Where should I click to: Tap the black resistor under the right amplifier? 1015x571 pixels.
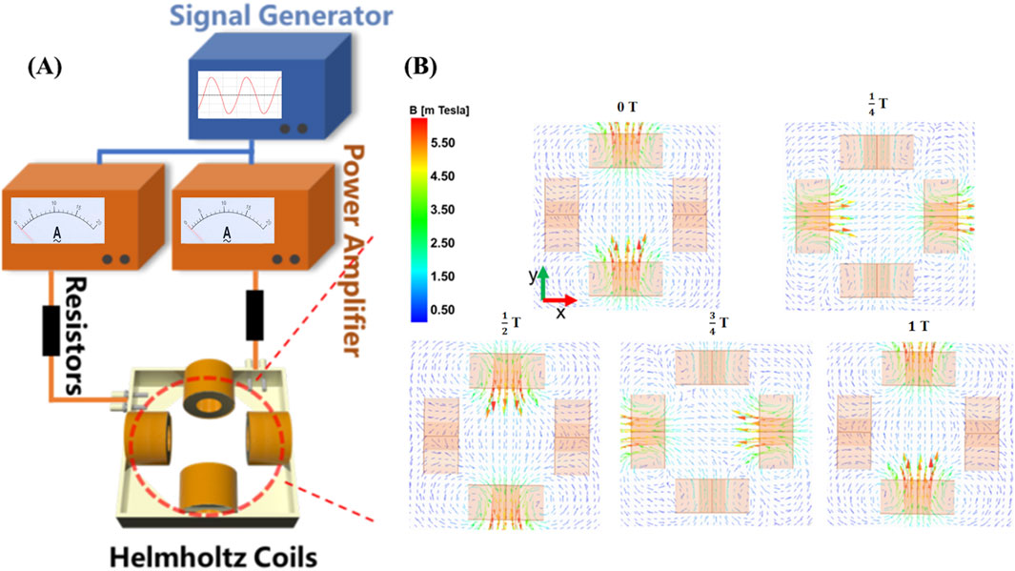pos(254,315)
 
